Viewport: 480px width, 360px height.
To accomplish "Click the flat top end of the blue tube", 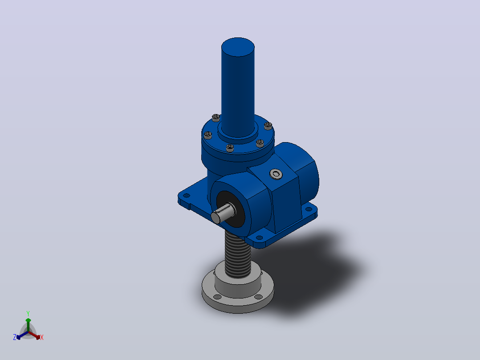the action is [x=238, y=47].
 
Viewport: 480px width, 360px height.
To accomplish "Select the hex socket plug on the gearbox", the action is [x=276, y=174].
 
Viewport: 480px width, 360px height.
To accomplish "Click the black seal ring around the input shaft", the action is [x=230, y=209].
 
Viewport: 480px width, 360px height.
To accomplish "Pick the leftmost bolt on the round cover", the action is [x=208, y=135].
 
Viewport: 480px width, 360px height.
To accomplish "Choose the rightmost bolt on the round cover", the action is [x=268, y=126].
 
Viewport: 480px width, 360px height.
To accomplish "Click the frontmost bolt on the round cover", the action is [x=230, y=148].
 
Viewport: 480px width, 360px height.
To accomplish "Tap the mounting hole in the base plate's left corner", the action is [x=186, y=196].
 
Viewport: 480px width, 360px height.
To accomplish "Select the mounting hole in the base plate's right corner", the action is [x=309, y=209].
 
